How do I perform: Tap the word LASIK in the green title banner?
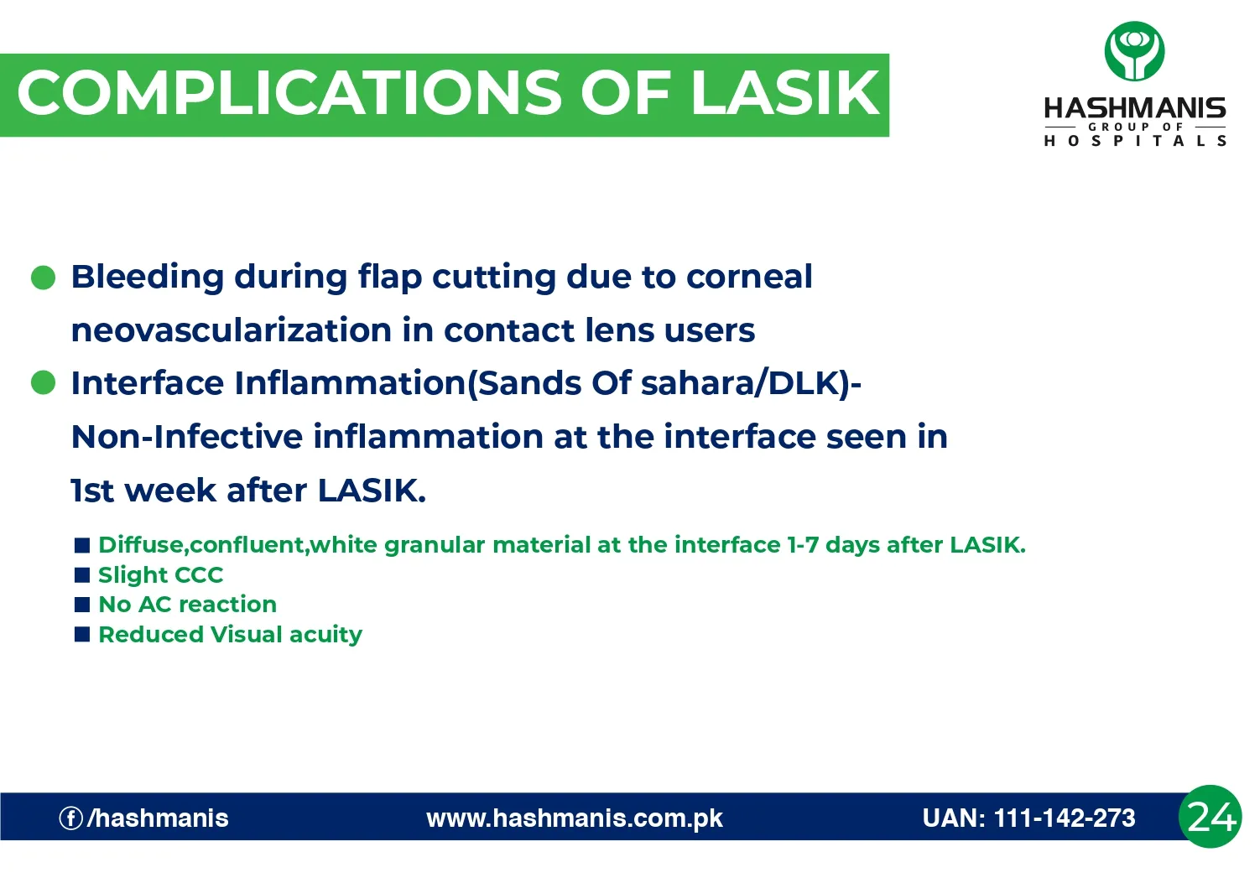(784, 93)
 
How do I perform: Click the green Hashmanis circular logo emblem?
(1134, 51)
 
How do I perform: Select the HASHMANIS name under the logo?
(1134, 108)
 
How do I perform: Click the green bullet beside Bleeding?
(44, 278)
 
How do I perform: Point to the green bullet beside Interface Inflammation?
(44, 383)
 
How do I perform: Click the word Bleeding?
(148, 277)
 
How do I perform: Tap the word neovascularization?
(232, 330)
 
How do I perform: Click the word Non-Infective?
(187, 437)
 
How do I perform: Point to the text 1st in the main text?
(92, 491)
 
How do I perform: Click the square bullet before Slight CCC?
(82, 574)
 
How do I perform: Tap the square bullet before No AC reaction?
(82, 605)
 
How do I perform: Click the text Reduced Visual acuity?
(230, 635)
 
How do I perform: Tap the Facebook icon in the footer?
(70, 818)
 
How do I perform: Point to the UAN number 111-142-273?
(1065, 818)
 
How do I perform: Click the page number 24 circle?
(1210, 817)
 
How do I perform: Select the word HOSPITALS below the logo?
(1134, 141)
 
